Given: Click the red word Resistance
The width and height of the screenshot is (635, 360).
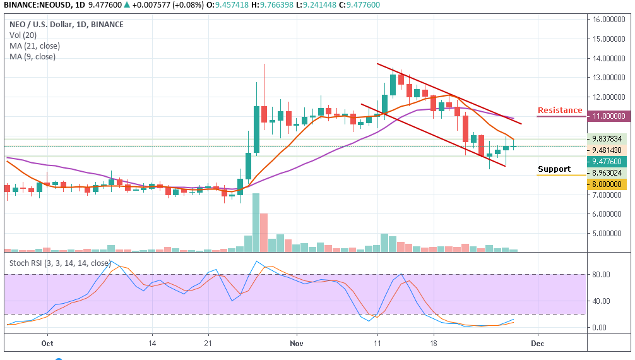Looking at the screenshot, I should click(560, 111).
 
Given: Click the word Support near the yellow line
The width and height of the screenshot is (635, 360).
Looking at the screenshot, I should click(554, 169).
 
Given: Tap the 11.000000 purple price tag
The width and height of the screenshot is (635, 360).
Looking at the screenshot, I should click(609, 116).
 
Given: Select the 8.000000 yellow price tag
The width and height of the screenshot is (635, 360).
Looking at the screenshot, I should click(609, 184).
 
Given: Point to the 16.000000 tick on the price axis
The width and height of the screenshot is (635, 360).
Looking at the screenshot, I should click(609, 20).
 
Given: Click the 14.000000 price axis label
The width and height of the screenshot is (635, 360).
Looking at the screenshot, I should click(609, 59).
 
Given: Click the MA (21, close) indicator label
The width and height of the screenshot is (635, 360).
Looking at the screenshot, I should click(34, 46).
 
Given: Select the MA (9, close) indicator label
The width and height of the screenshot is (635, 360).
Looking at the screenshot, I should click(32, 57).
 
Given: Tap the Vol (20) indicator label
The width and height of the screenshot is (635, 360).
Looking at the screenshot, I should click(23, 35).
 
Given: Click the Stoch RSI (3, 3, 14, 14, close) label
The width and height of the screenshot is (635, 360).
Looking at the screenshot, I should click(60, 263).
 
